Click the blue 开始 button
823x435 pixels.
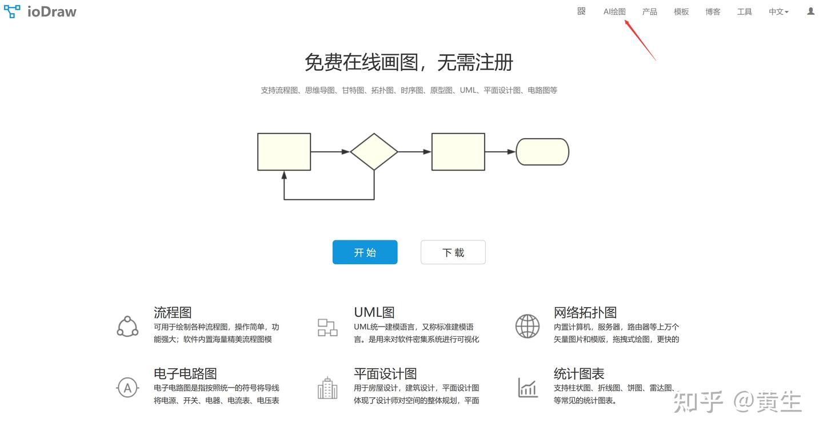point(365,252)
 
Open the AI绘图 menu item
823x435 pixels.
point(614,11)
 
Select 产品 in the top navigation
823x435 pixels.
point(649,11)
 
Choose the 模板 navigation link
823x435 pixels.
point(681,11)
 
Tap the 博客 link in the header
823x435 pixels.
point(713,11)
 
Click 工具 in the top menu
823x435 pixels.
point(744,11)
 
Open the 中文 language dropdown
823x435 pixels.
point(778,11)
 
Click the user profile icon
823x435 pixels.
point(810,11)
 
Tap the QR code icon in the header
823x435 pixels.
point(581,11)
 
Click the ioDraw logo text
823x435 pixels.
point(51,11)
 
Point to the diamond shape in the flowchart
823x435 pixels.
point(374,152)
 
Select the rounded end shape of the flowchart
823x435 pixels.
point(542,152)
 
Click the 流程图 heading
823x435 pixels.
point(173,312)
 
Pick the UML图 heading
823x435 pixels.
point(374,312)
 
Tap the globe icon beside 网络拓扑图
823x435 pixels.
point(527,327)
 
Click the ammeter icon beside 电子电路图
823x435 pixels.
point(127,388)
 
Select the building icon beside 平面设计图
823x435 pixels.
point(327,388)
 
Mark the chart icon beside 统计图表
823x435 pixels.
point(528,388)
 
